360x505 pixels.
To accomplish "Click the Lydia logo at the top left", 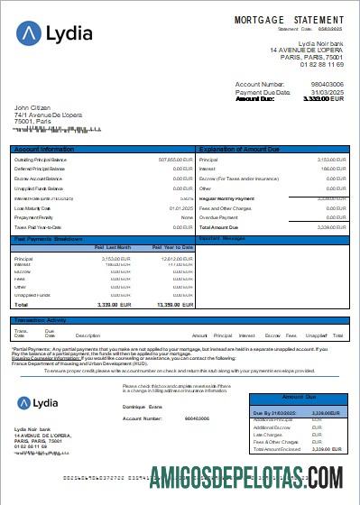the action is tap(54, 33).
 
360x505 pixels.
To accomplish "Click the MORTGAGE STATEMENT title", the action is tap(289, 19).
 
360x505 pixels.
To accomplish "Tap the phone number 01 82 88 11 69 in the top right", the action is tap(320, 65).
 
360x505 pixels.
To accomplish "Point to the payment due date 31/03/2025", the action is tap(325, 92).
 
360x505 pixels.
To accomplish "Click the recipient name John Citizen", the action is tap(35, 107).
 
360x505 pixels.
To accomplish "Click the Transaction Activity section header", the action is tap(42, 319).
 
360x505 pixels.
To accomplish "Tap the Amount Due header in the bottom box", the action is tap(300, 397).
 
